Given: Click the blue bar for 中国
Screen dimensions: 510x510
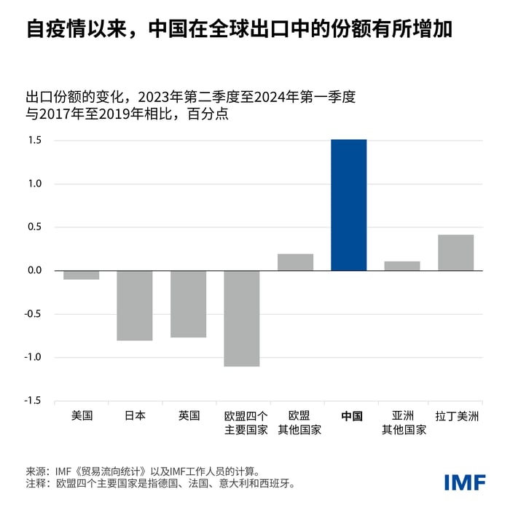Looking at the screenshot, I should pos(348,205).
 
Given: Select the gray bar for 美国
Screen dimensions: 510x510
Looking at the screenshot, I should pos(82,275).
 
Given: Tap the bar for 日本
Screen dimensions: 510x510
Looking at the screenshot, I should pos(135,305).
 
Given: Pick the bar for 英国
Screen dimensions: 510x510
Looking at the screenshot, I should pos(189,304).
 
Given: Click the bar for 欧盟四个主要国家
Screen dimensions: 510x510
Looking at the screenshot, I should pos(242,318).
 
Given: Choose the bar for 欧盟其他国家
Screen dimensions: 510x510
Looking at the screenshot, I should pos(295,262).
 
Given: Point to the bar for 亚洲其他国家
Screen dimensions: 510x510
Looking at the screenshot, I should pos(402,266).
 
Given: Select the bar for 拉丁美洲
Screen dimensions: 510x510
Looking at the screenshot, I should pos(455,253).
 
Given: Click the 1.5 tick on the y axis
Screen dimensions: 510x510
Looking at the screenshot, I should pos(36,141).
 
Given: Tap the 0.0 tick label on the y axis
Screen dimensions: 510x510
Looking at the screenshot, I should pos(36,271).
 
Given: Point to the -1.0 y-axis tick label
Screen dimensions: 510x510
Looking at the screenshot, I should pos(34,358).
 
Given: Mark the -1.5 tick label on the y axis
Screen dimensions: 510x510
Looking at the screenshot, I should pos(34,401).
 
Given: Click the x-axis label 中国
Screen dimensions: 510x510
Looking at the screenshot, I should pos(349,416).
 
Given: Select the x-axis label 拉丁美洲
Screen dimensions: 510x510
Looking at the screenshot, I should pos(456,416).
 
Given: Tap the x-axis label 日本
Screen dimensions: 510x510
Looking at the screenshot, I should pos(135,416).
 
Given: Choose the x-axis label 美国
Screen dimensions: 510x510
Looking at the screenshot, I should pos(82,416).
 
